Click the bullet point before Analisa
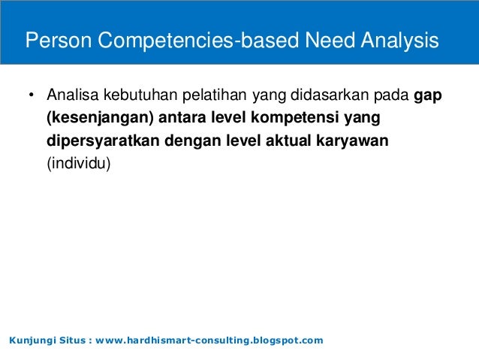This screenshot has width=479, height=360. click(31, 97)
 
